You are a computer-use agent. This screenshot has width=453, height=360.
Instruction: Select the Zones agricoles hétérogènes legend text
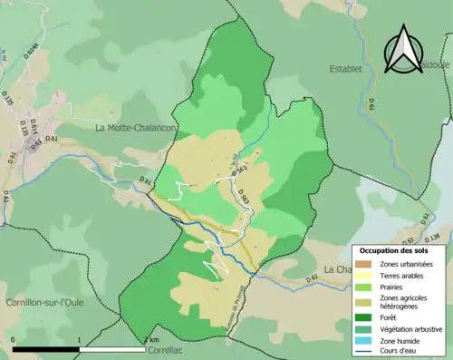[407, 302]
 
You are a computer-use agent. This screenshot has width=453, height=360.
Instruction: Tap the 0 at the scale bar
[13, 340]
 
